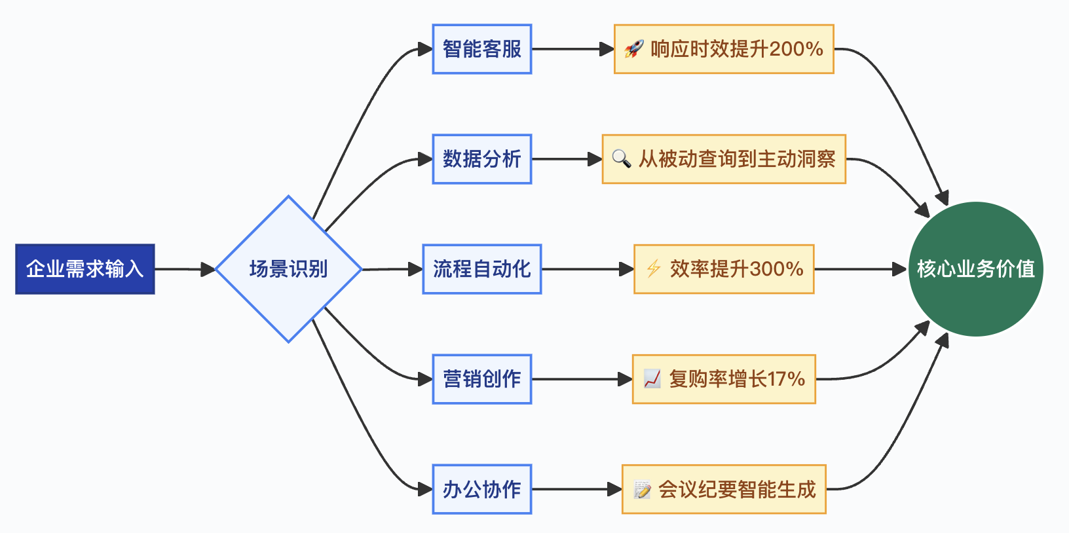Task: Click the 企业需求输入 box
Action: click(84, 269)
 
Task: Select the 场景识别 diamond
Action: click(288, 269)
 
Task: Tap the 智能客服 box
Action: click(481, 49)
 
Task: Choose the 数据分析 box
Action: click(481, 159)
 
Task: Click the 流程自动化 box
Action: click(481, 269)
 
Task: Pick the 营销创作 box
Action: click(481, 379)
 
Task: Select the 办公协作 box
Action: click(481, 489)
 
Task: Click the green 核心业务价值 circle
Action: click(975, 269)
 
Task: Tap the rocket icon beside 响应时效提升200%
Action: click(633, 49)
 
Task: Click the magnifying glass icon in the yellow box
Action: click(621, 158)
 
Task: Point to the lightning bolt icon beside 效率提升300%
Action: click(653, 268)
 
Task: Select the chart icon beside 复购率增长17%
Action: click(652, 378)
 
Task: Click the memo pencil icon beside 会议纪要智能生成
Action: click(642, 489)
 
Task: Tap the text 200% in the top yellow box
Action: click(796, 49)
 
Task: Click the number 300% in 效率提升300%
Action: click(776, 269)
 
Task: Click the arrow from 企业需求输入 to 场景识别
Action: click(184, 269)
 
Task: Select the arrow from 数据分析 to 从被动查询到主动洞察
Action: click(567, 159)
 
